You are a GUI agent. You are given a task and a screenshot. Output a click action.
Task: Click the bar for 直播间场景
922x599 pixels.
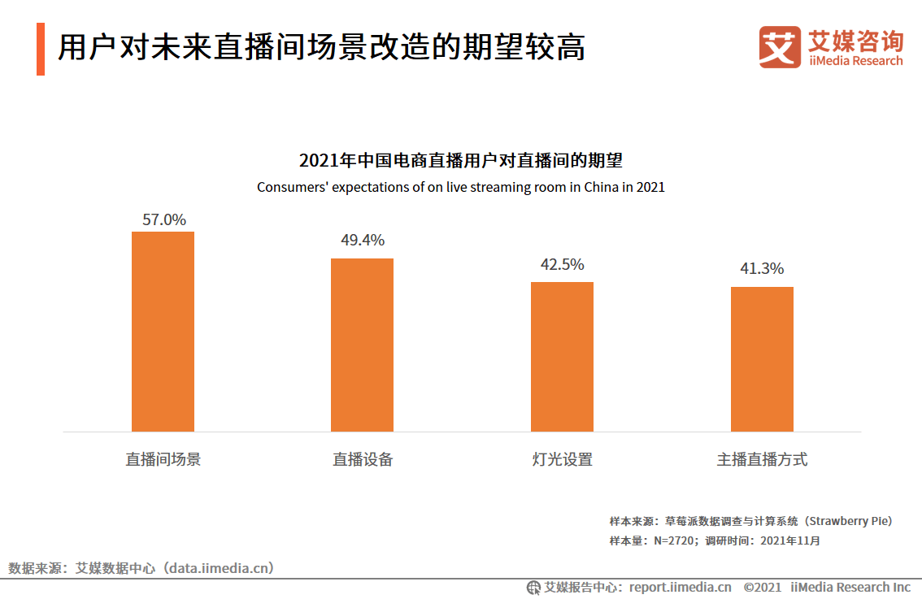pos(163,332)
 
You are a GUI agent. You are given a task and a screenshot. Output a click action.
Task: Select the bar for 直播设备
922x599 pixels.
pos(362,345)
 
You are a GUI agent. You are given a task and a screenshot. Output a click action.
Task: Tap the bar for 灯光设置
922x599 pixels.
pos(562,357)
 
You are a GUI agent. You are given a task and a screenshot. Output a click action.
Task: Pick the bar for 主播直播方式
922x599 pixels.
pos(762,359)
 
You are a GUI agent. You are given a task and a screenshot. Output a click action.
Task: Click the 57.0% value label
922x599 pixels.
pos(164,219)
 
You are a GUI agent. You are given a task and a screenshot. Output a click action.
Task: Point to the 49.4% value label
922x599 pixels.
pos(363,241)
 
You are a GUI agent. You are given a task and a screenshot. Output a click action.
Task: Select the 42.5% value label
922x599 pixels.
pos(563,264)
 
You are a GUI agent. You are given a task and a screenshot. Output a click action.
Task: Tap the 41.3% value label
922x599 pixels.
pos(762,269)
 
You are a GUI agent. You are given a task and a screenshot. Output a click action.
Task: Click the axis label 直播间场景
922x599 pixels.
pos(163,459)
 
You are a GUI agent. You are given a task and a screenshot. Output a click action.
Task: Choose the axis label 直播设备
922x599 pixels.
pos(363,459)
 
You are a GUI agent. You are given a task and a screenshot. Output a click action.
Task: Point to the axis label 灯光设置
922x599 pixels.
pos(563,459)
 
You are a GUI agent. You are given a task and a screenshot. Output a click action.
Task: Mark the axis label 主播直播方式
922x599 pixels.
pos(762,459)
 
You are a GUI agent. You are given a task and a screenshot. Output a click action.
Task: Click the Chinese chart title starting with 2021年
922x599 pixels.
pos(460,159)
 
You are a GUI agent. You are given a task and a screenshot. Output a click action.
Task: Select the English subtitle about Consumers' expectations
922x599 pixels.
pos(460,187)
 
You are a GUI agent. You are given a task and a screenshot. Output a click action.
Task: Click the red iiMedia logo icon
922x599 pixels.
pos(780,47)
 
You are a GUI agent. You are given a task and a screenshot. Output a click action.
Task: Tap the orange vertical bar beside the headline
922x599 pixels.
pos(41,50)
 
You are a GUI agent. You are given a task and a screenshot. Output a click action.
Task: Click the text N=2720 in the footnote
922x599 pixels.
pos(673,540)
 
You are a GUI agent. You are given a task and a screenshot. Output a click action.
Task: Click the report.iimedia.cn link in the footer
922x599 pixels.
pos(681,587)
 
